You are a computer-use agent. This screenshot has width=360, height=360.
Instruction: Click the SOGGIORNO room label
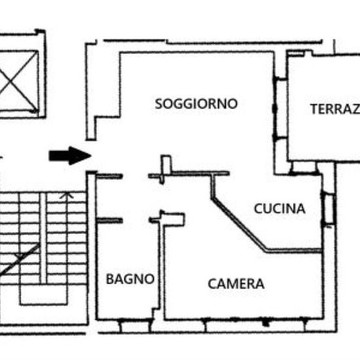(196, 104)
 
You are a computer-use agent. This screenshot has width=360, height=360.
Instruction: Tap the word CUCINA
(279, 208)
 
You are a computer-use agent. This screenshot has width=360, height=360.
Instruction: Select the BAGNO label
(130, 279)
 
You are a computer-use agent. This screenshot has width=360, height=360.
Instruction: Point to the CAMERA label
(236, 284)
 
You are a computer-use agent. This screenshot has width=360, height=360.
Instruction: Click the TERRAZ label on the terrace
(335, 109)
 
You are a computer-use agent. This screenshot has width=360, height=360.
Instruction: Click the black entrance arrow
(70, 156)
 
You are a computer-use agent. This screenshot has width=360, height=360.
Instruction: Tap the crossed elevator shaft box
(18, 82)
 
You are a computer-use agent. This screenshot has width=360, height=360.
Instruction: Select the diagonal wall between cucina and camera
(240, 225)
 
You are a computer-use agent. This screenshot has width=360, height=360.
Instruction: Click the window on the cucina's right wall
(329, 209)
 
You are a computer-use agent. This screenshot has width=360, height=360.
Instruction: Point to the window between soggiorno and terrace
(281, 108)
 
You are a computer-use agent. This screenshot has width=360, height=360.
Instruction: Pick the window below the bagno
(135, 325)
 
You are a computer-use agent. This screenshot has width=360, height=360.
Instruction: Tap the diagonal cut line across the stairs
(20, 259)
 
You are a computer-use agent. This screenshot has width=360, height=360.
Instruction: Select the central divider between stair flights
(43, 238)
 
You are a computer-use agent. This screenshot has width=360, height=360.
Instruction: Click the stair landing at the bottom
(44, 295)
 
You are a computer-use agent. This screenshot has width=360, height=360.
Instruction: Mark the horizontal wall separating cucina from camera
(294, 251)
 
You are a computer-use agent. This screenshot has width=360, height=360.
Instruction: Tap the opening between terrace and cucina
(304, 169)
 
